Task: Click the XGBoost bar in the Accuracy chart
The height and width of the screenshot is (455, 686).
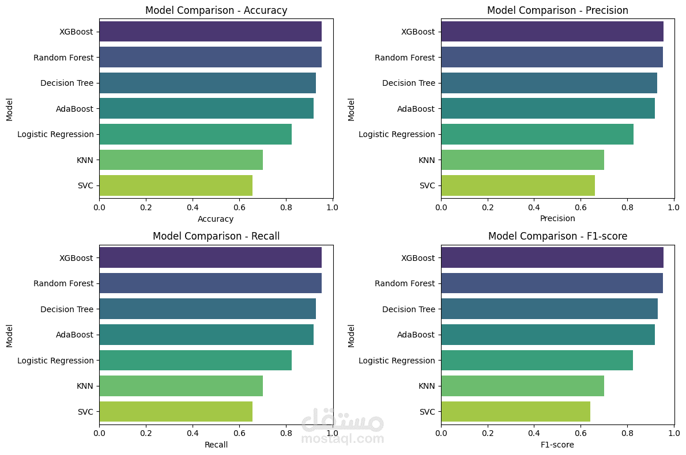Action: click(x=210, y=32)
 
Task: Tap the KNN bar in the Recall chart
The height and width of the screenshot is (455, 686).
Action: click(x=181, y=386)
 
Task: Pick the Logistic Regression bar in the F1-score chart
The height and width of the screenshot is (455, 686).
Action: click(x=537, y=361)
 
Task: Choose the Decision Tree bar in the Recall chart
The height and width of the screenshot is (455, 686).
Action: click(x=208, y=309)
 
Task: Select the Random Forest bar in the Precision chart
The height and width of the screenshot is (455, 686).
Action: click(x=552, y=58)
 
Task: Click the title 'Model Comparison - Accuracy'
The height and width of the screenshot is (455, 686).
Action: click(x=216, y=10)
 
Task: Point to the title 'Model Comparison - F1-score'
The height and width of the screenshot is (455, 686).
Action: click(x=557, y=236)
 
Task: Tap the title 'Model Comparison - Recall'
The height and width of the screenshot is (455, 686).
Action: click(x=216, y=236)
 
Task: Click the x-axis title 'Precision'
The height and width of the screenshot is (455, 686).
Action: click(x=557, y=219)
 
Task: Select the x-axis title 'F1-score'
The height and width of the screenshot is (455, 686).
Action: click(x=557, y=445)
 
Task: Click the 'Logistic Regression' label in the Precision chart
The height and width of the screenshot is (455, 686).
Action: click(x=397, y=134)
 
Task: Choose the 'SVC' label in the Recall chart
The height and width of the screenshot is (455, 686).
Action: click(x=85, y=412)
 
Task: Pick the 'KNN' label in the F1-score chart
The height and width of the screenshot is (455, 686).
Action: click(x=427, y=386)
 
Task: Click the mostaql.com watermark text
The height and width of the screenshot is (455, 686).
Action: click(x=342, y=439)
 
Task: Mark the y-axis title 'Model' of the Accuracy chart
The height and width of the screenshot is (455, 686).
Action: click(x=9, y=109)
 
